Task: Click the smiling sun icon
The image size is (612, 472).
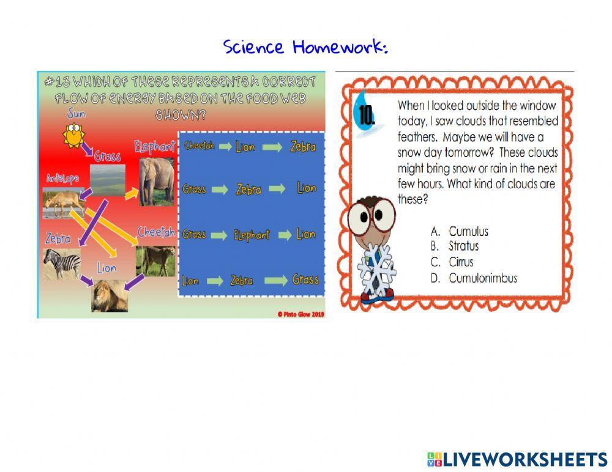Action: tap(73, 135)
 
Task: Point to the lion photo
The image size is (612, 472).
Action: tap(110, 296)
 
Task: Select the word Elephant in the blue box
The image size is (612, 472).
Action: tap(252, 235)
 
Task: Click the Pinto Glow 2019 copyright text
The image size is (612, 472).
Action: tap(300, 314)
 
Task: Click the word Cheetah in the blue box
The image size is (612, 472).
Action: tap(198, 146)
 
